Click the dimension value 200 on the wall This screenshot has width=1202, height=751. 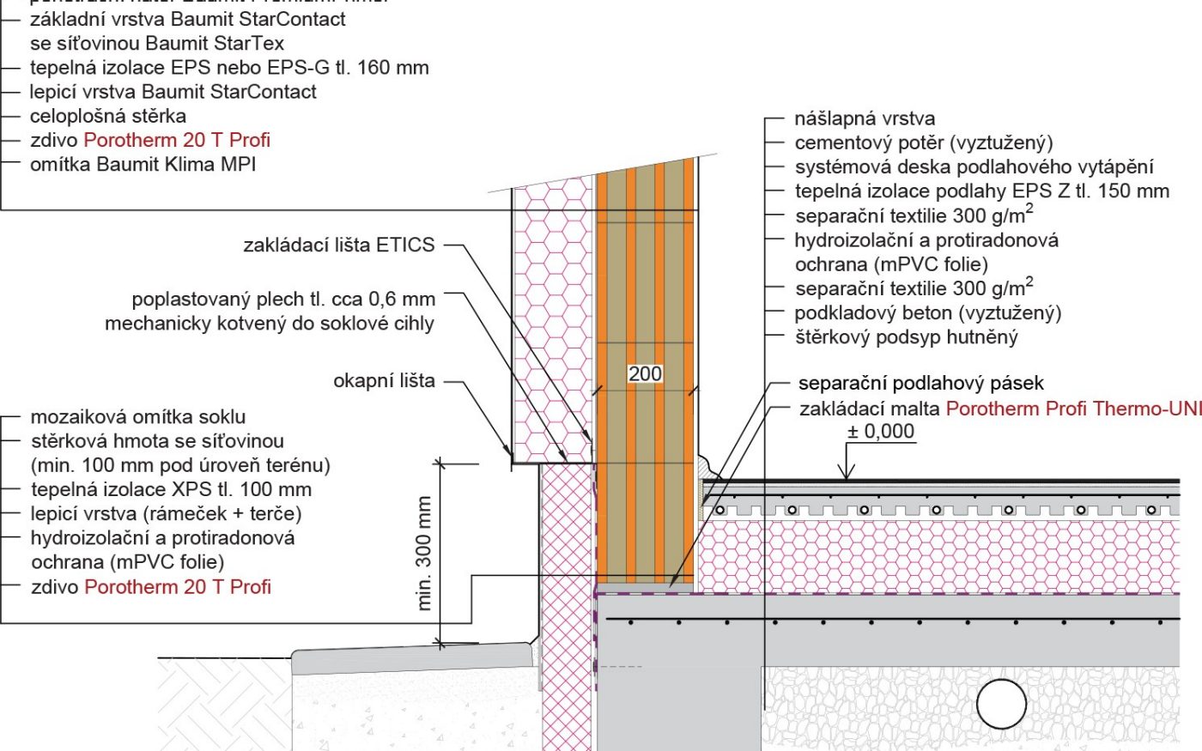click(645, 373)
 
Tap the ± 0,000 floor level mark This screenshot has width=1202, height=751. click(881, 432)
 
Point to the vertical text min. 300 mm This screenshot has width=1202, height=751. click(424, 554)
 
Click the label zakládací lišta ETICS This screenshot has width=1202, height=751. click(339, 245)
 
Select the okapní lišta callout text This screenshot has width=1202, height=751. click(384, 380)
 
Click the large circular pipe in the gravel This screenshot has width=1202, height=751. click(1001, 704)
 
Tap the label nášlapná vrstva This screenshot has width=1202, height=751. click(865, 118)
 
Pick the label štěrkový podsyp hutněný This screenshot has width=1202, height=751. click(906, 336)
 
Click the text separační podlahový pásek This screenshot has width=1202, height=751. click(920, 383)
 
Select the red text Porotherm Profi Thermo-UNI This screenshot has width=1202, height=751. click(1073, 409)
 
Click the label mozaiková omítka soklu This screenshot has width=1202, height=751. click(138, 417)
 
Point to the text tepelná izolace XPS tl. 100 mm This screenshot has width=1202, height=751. click(171, 489)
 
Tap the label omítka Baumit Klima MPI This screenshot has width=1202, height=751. click(143, 164)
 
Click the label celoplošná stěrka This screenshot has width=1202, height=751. click(108, 116)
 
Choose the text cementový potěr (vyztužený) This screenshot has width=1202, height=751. click(923, 142)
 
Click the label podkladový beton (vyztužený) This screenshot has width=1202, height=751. click(927, 312)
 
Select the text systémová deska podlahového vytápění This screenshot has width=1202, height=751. click(974, 167)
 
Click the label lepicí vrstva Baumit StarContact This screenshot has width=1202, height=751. click(173, 92)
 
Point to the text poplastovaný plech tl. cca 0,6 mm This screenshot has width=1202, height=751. click(283, 300)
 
